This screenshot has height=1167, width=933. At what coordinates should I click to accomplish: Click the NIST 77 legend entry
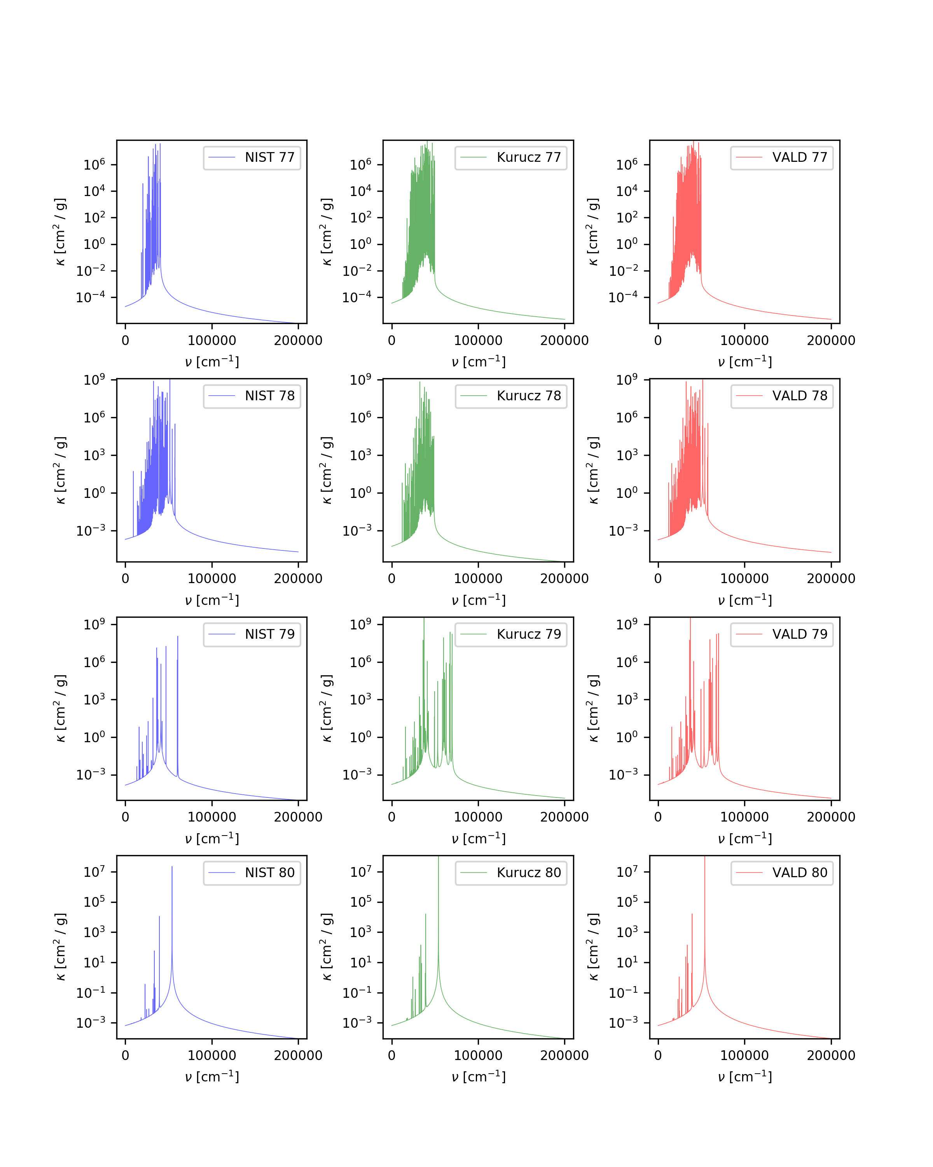[x=252, y=158]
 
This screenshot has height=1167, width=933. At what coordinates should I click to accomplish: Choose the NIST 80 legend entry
[x=252, y=872]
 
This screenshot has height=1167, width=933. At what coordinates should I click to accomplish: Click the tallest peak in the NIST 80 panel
[x=172, y=867]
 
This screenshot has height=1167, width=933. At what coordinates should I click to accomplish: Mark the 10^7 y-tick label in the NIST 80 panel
[x=94, y=871]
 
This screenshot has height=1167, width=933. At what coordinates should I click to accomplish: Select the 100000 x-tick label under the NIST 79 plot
[x=211, y=817]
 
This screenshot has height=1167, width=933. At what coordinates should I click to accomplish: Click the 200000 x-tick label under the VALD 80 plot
[x=831, y=1055]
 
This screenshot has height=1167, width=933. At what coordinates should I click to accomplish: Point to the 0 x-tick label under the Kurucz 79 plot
[x=391, y=817]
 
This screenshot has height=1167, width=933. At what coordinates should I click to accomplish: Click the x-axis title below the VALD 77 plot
[x=745, y=361]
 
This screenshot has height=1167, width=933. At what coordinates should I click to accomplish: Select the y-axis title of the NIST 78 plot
[x=61, y=470]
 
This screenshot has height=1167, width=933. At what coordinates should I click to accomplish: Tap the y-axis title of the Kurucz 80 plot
[x=327, y=947]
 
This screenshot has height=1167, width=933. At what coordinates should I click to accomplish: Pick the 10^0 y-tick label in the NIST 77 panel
[x=94, y=244]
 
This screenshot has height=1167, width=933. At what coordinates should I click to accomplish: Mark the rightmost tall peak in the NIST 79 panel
[x=177, y=638]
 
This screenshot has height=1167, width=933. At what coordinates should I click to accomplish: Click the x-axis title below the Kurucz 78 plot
[x=479, y=600]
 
